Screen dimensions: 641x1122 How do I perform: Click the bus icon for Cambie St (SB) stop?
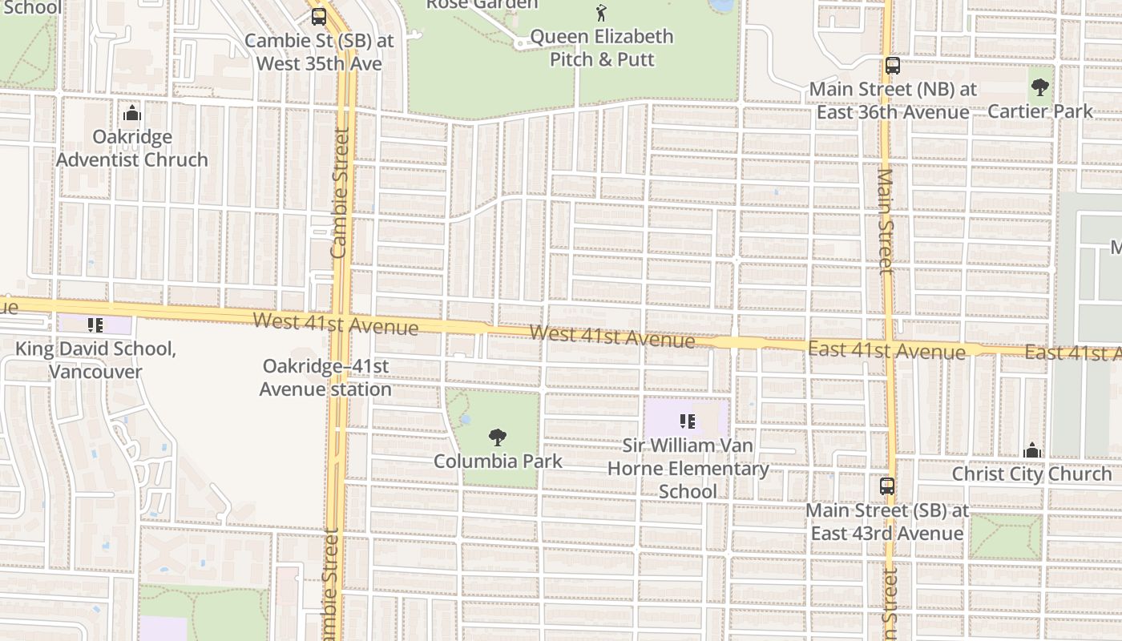pos(319,17)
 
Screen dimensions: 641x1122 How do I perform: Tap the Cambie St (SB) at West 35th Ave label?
pos(319,51)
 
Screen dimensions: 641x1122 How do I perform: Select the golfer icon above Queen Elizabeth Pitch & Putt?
pos(601,13)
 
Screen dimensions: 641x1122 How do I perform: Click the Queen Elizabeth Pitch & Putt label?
pos(602,48)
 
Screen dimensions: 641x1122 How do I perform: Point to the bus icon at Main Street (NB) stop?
pos(893,66)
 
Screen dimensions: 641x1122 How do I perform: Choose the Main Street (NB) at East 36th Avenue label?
pos(893,100)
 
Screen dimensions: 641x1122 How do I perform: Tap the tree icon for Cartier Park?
pos(1040,87)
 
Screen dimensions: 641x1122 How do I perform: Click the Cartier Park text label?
pos(1040,111)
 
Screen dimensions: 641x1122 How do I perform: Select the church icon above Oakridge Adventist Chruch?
pos(132,113)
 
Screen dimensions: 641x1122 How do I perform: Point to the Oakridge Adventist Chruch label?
pos(132,148)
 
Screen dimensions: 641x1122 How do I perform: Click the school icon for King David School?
pos(95,325)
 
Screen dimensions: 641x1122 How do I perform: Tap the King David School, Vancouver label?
pos(95,361)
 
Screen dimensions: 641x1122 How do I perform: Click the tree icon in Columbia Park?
pos(498,437)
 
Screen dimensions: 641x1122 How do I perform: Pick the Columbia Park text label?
pos(498,462)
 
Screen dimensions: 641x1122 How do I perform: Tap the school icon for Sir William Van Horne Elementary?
pos(687,421)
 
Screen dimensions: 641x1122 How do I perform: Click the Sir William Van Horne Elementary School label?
pos(688,468)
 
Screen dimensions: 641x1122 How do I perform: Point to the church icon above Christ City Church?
pos(1032,450)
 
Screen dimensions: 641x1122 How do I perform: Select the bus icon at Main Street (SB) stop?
pos(887,486)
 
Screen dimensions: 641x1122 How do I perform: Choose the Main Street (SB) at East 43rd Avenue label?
pos(887,522)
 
